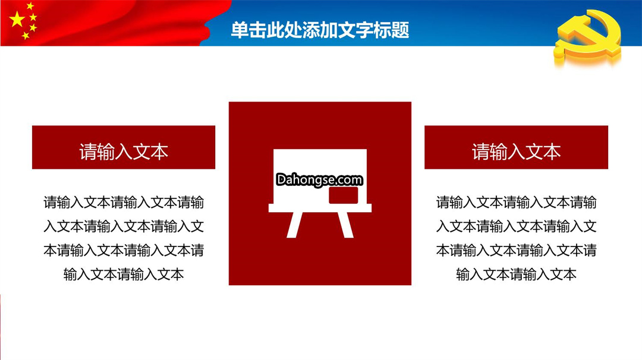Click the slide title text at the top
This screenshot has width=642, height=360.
[320, 30]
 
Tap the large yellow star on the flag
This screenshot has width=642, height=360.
[17, 19]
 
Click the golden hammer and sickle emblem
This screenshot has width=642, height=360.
[587, 37]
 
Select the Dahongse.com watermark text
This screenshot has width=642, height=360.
[319, 179]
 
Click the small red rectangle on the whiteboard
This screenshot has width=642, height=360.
[343, 195]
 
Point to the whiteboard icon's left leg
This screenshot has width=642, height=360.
[294, 225]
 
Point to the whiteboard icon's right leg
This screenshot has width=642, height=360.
[345, 225]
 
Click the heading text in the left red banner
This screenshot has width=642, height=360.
[124, 151]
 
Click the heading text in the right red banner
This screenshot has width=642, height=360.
[516, 151]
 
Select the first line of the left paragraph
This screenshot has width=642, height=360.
[124, 202]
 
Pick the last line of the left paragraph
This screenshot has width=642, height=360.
[124, 274]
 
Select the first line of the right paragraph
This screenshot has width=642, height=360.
[517, 202]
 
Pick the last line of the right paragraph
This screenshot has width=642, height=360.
[517, 274]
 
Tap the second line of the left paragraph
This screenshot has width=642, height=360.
[124, 226]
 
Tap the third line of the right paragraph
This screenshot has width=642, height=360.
[517, 250]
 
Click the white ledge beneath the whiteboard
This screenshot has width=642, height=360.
[320, 208]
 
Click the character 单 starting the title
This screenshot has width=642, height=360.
[240, 30]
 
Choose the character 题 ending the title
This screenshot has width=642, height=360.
[400, 30]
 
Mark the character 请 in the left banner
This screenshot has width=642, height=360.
[88, 151]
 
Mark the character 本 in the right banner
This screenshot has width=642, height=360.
[552, 151]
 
